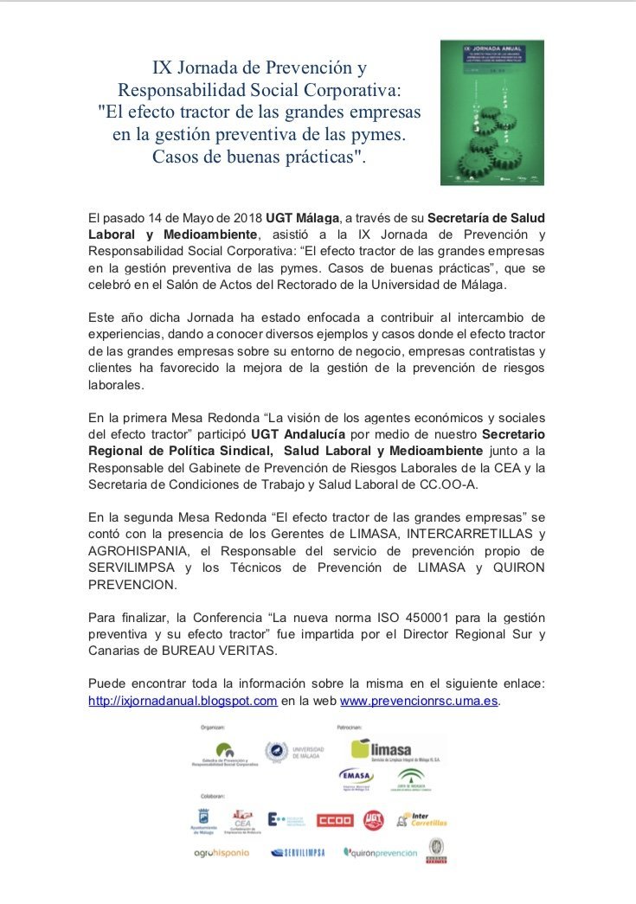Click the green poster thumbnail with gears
(491, 112)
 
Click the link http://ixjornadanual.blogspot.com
(183, 701)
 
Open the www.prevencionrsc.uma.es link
(419, 701)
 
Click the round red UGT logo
(374, 819)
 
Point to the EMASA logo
(357, 778)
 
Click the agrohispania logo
(222, 852)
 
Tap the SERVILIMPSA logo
(298, 852)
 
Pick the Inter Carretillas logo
(421, 819)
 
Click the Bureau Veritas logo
(434, 851)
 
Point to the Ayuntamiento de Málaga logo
(204, 822)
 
